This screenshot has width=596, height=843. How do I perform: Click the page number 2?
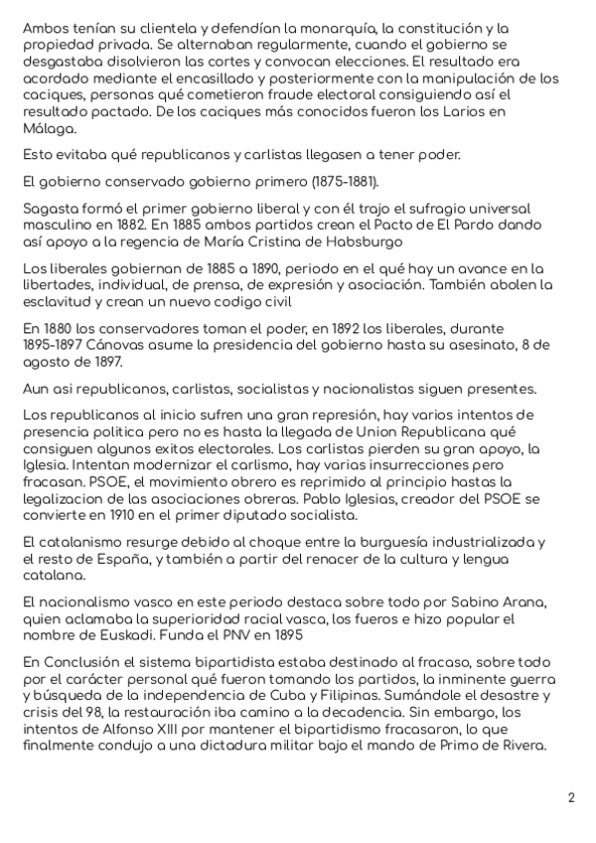click(571, 797)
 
